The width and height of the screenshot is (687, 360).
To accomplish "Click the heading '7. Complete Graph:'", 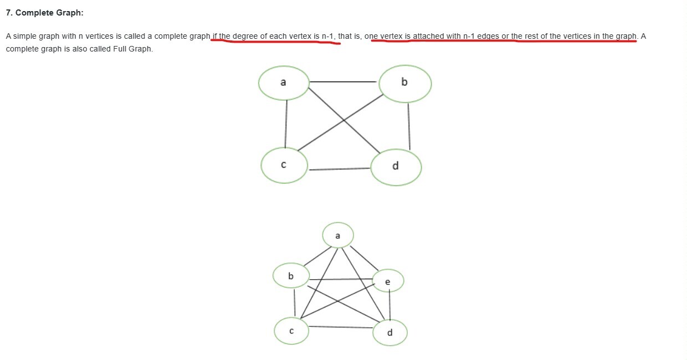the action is [x=44, y=13].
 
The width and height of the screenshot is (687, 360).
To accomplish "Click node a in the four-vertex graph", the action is [x=284, y=83].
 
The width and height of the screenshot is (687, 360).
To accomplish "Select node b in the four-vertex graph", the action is [x=405, y=83].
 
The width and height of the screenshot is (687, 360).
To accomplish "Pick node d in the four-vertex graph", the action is [x=396, y=167].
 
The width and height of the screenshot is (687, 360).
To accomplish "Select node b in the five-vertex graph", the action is [x=291, y=276].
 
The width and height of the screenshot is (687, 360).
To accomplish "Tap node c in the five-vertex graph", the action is [x=291, y=331].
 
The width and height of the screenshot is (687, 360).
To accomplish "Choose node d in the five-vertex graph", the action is [x=389, y=333].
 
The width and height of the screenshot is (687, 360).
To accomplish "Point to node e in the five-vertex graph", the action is [x=387, y=282].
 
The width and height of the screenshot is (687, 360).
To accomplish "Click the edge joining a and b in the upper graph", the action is [x=343, y=82].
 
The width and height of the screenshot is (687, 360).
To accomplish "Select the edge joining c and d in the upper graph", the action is [x=339, y=169].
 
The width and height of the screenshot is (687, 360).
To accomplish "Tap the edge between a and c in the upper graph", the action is [x=286, y=125].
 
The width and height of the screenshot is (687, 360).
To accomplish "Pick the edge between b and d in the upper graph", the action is [x=409, y=126].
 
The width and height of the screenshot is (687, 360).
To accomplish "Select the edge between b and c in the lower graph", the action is [x=294, y=304].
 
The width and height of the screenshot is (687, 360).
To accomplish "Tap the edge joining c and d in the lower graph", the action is [x=340, y=327].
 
